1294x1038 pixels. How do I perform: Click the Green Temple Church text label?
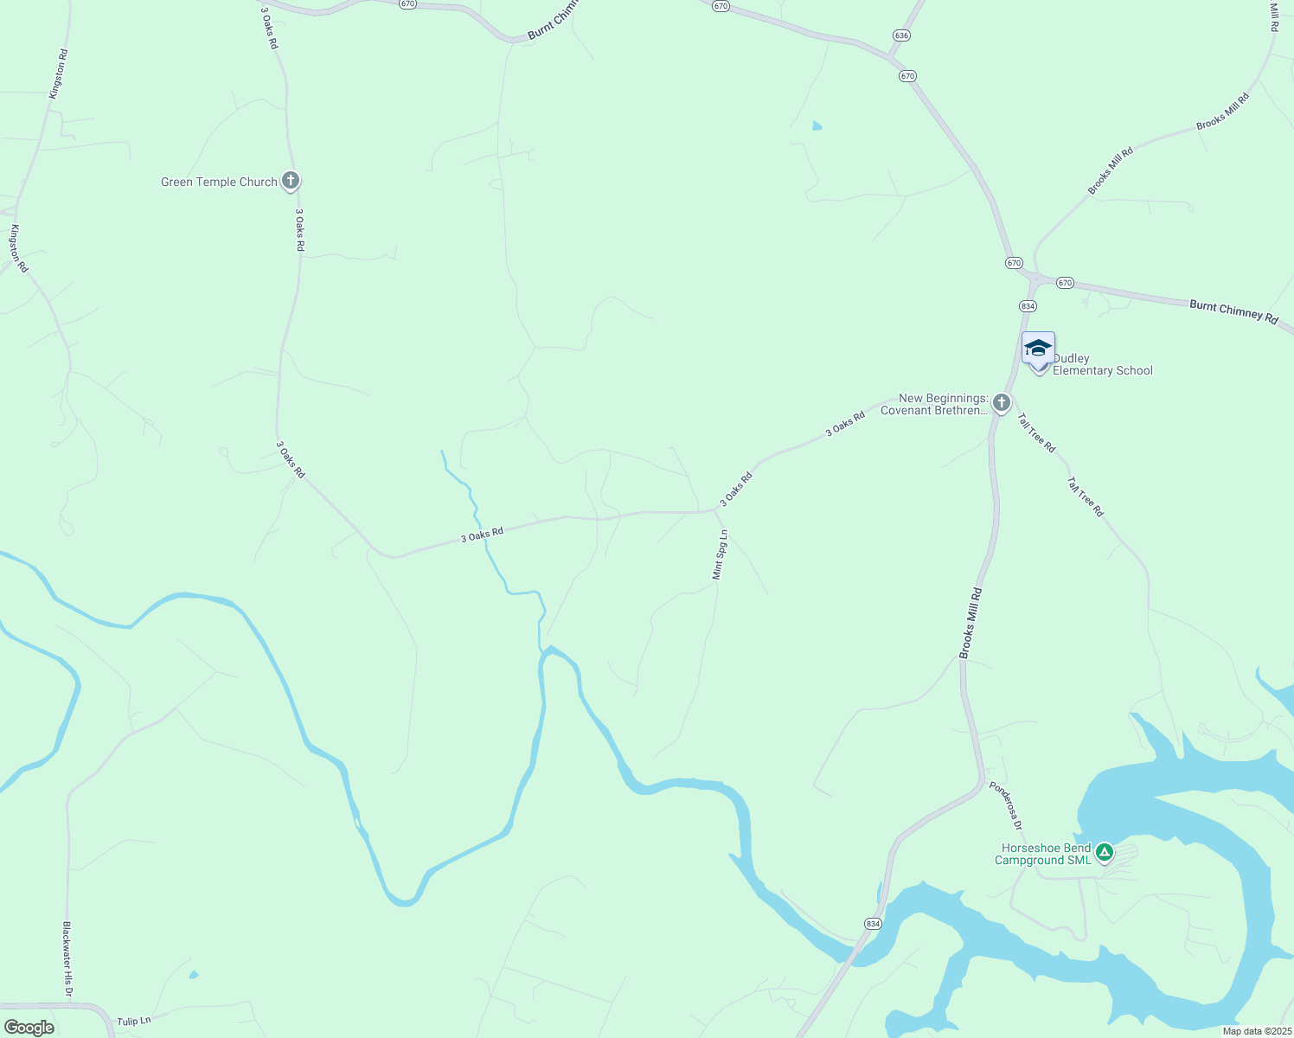(x=219, y=182)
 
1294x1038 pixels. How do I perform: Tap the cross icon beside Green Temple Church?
(x=291, y=182)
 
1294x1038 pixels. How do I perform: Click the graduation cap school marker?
(x=1038, y=349)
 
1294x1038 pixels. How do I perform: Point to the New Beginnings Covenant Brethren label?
(x=934, y=404)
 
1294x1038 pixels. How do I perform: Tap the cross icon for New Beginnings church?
(x=1002, y=403)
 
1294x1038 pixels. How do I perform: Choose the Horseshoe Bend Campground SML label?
(x=1043, y=854)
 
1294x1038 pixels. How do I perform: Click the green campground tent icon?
(x=1104, y=853)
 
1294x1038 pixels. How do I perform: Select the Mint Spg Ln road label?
(x=719, y=554)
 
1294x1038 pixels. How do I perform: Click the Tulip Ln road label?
(x=134, y=1022)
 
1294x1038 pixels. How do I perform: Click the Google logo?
(x=29, y=1027)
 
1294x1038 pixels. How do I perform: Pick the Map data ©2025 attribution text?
(x=1255, y=1031)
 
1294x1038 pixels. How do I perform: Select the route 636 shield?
(x=901, y=35)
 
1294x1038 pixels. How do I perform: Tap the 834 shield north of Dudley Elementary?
(x=1027, y=306)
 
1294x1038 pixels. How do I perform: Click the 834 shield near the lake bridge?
(x=873, y=924)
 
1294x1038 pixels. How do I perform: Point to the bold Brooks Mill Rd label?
(x=971, y=623)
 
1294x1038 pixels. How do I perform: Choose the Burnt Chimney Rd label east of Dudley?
(x=1233, y=311)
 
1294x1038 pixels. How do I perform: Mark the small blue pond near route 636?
(x=817, y=126)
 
